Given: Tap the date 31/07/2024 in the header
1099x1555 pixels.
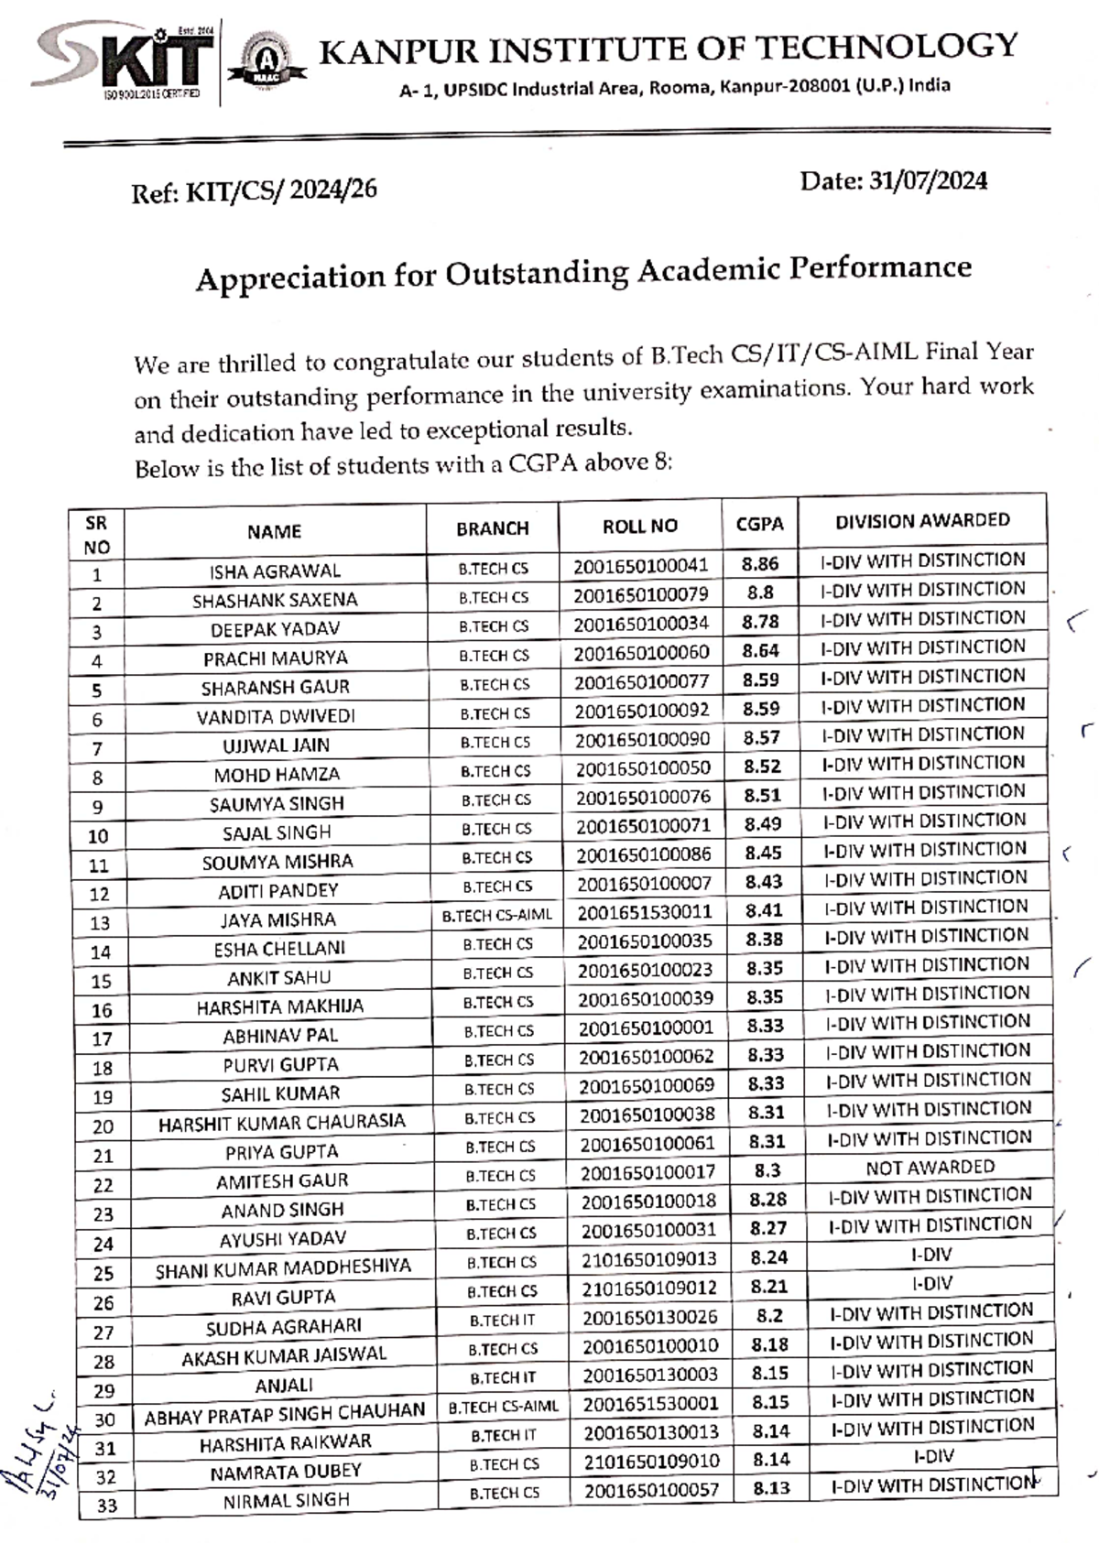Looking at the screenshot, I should (927, 180).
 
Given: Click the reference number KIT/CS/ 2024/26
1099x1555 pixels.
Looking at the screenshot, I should (280, 190).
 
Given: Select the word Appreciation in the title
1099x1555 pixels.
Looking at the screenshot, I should (290, 277).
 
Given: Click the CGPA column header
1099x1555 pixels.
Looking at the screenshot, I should (759, 524).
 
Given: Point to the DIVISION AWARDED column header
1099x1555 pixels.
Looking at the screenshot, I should (921, 520).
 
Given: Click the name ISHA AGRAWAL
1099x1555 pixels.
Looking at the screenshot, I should (275, 571).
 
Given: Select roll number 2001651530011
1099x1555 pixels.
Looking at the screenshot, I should (644, 912).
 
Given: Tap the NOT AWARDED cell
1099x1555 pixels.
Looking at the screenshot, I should (930, 1167).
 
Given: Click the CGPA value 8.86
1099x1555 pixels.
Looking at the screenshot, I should (760, 564).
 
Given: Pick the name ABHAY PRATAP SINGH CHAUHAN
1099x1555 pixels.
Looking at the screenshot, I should (285, 1415).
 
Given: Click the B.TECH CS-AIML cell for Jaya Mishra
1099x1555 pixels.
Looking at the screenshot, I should (497, 915).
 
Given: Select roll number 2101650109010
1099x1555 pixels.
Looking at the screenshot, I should (651, 1461).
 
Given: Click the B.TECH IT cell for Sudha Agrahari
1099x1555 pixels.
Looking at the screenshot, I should (502, 1320).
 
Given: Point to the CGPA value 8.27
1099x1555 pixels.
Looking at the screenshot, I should (767, 1228).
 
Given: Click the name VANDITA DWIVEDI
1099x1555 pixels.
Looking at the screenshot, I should (276, 716).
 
